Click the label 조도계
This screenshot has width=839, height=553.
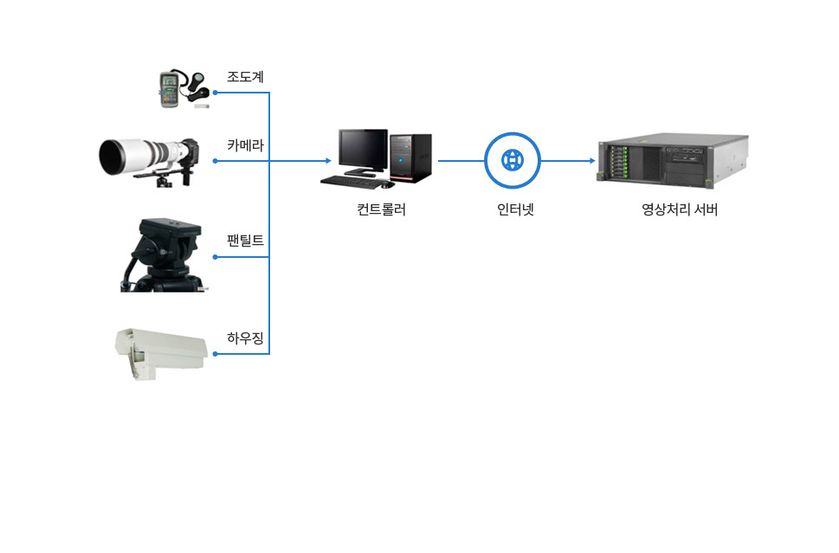pyautogui.click(x=245, y=77)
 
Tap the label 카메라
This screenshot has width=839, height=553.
pyautogui.click(x=245, y=145)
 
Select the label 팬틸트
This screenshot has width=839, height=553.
pyautogui.click(x=245, y=241)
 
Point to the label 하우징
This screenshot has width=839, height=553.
pyautogui.click(x=245, y=338)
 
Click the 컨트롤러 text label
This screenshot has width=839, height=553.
pyautogui.click(x=381, y=209)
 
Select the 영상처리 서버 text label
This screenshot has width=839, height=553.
pyautogui.click(x=680, y=209)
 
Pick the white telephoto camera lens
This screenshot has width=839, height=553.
pyautogui.click(x=139, y=157)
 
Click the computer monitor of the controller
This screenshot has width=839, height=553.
pyautogui.click(x=363, y=151)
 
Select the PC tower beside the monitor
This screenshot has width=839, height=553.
pyautogui.click(x=410, y=158)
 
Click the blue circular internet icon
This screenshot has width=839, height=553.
pyautogui.click(x=513, y=161)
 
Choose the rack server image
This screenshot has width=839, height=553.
pyautogui.click(x=673, y=160)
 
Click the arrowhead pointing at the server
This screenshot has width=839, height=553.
pyautogui.click(x=592, y=161)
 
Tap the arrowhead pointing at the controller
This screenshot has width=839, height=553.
pyautogui.click(x=327, y=161)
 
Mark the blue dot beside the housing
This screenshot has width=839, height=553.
pyautogui.click(x=215, y=353)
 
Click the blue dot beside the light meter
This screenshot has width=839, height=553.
pyautogui.click(x=215, y=92)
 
